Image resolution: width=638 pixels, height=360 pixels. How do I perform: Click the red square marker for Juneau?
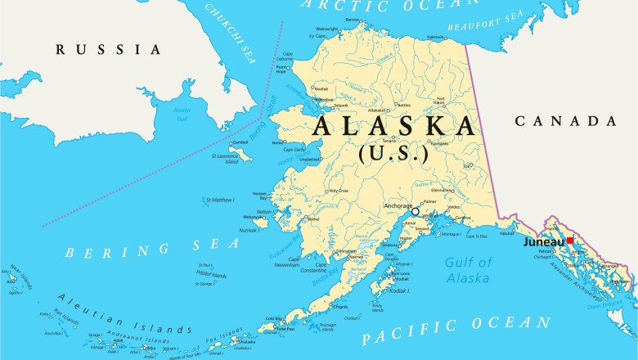pyautogui.click(x=570, y=241)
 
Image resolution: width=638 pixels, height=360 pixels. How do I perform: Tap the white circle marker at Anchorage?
pyautogui.click(x=415, y=211)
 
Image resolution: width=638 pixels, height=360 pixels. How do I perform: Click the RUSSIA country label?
pyautogui.click(x=109, y=50)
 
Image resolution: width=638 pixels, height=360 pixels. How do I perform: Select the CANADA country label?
pyautogui.click(x=565, y=121)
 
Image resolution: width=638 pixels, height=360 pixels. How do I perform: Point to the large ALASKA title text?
pyautogui.click(x=393, y=127)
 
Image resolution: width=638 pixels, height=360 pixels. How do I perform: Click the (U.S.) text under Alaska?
pyautogui.click(x=393, y=152)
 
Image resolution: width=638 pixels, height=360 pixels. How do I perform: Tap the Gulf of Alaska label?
pyautogui.click(x=468, y=270)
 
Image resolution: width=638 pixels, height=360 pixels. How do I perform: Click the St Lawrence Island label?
pyautogui.click(x=225, y=159)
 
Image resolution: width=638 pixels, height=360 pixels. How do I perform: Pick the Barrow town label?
pyautogui.click(x=352, y=20)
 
